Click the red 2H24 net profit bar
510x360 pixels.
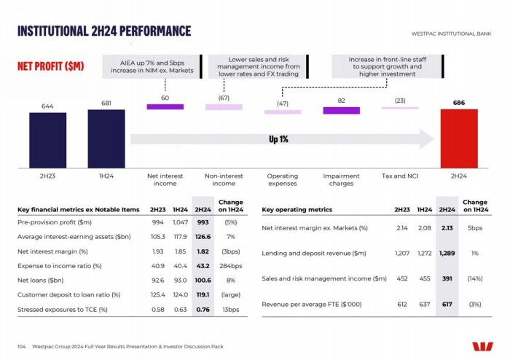(458, 138)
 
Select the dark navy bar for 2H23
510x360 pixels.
(47, 139)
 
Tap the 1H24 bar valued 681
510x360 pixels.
(106, 138)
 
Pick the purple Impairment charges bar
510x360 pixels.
(341, 110)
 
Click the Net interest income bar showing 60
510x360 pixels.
(165, 107)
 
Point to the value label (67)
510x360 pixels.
(224, 98)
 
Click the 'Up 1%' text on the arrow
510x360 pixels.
(278, 138)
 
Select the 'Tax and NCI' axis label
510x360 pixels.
(399, 176)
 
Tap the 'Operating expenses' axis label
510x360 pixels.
(282, 179)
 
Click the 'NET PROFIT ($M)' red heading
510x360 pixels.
(50, 66)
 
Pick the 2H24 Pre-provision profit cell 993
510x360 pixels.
(203, 222)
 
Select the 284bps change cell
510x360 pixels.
(231, 266)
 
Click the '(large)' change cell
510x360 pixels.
(231, 294)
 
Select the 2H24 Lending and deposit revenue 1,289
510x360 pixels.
(447, 254)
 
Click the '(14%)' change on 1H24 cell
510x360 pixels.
(474, 278)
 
